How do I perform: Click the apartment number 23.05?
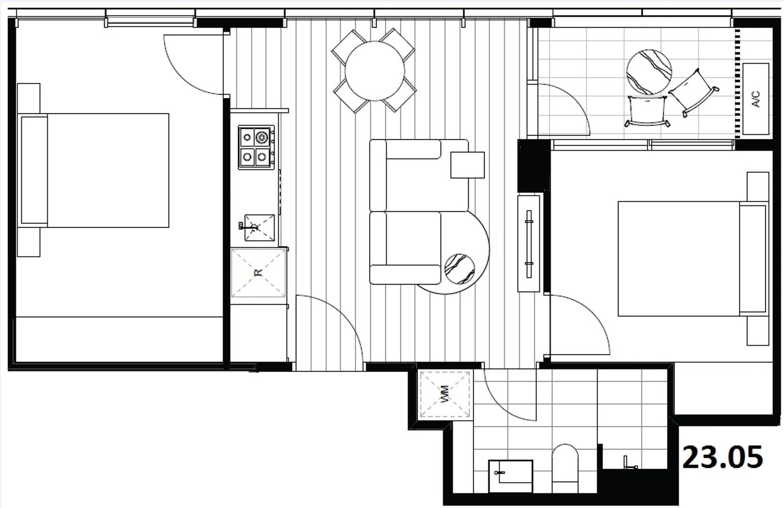(722, 457)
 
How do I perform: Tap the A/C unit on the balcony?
(756, 99)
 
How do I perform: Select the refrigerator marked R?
(258, 273)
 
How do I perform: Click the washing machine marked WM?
(444, 394)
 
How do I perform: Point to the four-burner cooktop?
(256, 147)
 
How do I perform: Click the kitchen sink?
(259, 228)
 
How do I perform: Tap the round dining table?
(374, 71)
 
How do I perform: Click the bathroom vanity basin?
(510, 475)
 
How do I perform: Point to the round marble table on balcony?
(649, 72)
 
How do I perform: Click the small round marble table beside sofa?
(459, 269)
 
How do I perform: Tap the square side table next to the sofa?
(467, 165)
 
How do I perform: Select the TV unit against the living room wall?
(529, 244)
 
